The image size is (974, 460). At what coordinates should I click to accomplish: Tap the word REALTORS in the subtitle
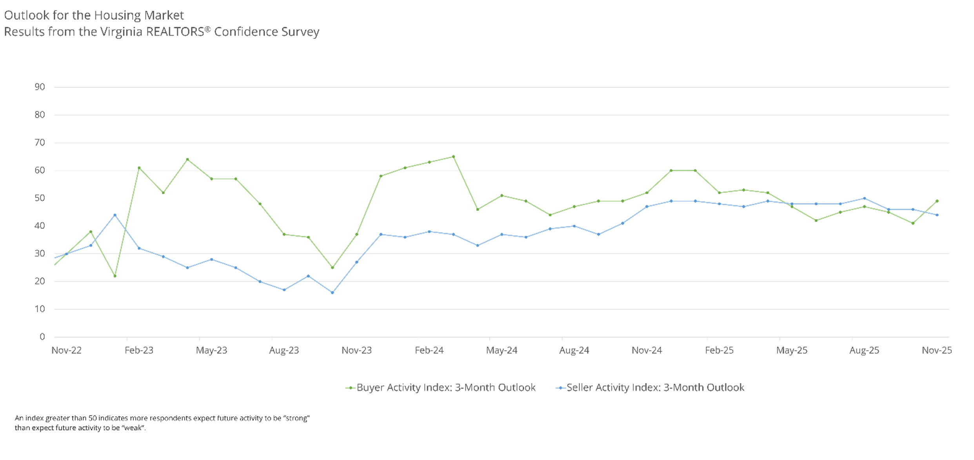(175, 32)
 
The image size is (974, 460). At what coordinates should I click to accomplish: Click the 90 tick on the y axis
(40, 87)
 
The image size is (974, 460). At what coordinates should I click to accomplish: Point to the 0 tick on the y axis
(42, 337)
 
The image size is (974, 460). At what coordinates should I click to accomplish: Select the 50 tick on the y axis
(40, 198)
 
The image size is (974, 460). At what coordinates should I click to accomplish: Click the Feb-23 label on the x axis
(139, 350)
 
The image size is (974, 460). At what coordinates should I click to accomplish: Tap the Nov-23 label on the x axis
(356, 350)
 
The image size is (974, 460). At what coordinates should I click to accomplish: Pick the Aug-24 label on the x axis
(574, 350)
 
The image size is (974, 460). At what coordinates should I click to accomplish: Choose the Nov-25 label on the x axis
(936, 350)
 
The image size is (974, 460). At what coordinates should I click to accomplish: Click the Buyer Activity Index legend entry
(445, 387)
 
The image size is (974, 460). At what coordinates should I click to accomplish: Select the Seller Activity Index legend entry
(655, 387)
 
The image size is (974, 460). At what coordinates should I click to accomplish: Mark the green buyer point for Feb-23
(139, 168)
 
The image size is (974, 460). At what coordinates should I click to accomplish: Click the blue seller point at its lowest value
(333, 293)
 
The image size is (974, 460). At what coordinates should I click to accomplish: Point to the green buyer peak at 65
(454, 157)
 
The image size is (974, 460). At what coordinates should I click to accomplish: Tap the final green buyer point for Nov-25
(937, 201)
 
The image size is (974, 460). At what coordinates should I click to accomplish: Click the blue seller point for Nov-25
(937, 215)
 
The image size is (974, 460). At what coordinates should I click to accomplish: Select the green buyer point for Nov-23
(357, 235)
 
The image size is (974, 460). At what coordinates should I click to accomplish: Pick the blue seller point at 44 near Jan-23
(115, 215)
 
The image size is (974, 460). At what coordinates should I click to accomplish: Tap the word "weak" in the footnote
(133, 428)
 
